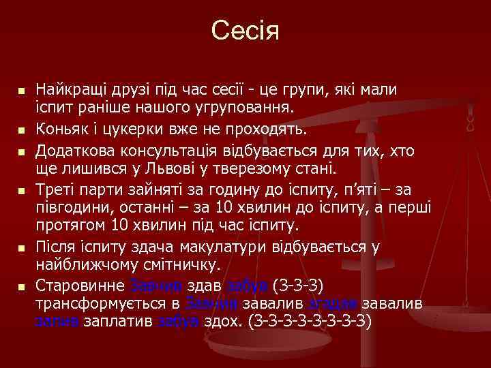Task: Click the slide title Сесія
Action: tap(245, 30)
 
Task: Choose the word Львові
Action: tap(153, 168)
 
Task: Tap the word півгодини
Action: tap(68, 206)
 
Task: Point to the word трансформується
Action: tap(95, 303)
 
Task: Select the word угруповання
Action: tap(236, 108)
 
